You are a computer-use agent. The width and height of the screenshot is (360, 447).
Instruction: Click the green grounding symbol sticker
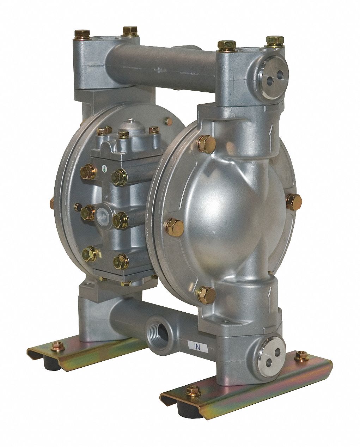point(103,170)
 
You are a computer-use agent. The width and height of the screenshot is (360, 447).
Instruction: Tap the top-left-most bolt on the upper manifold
point(82,34)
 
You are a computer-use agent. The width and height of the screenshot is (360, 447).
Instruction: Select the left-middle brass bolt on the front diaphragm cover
point(175,227)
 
